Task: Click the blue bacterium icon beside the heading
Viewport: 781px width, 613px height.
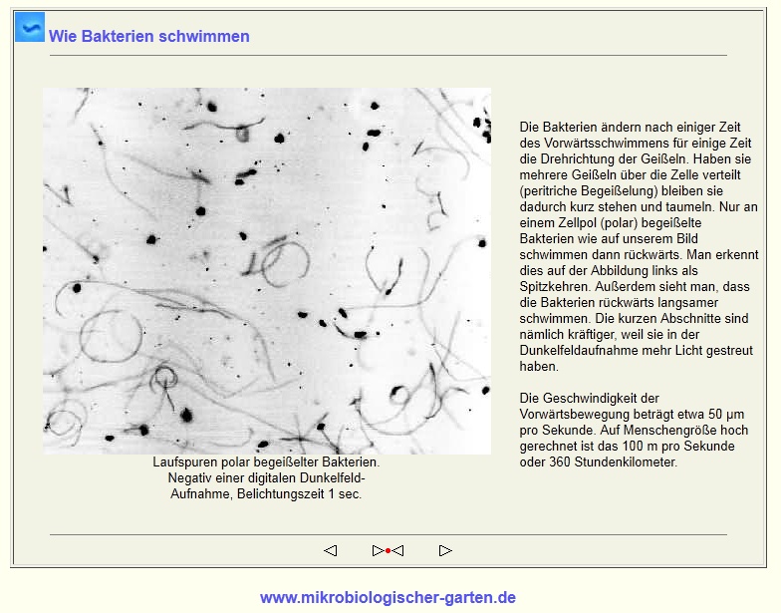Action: (x=30, y=27)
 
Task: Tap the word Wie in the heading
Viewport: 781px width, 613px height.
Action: (x=62, y=37)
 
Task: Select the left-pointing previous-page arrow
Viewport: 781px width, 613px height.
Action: (x=331, y=550)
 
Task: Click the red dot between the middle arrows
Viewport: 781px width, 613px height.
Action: (x=388, y=550)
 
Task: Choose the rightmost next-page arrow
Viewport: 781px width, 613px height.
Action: (x=445, y=550)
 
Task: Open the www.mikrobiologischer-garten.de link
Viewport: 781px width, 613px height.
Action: (x=388, y=598)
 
